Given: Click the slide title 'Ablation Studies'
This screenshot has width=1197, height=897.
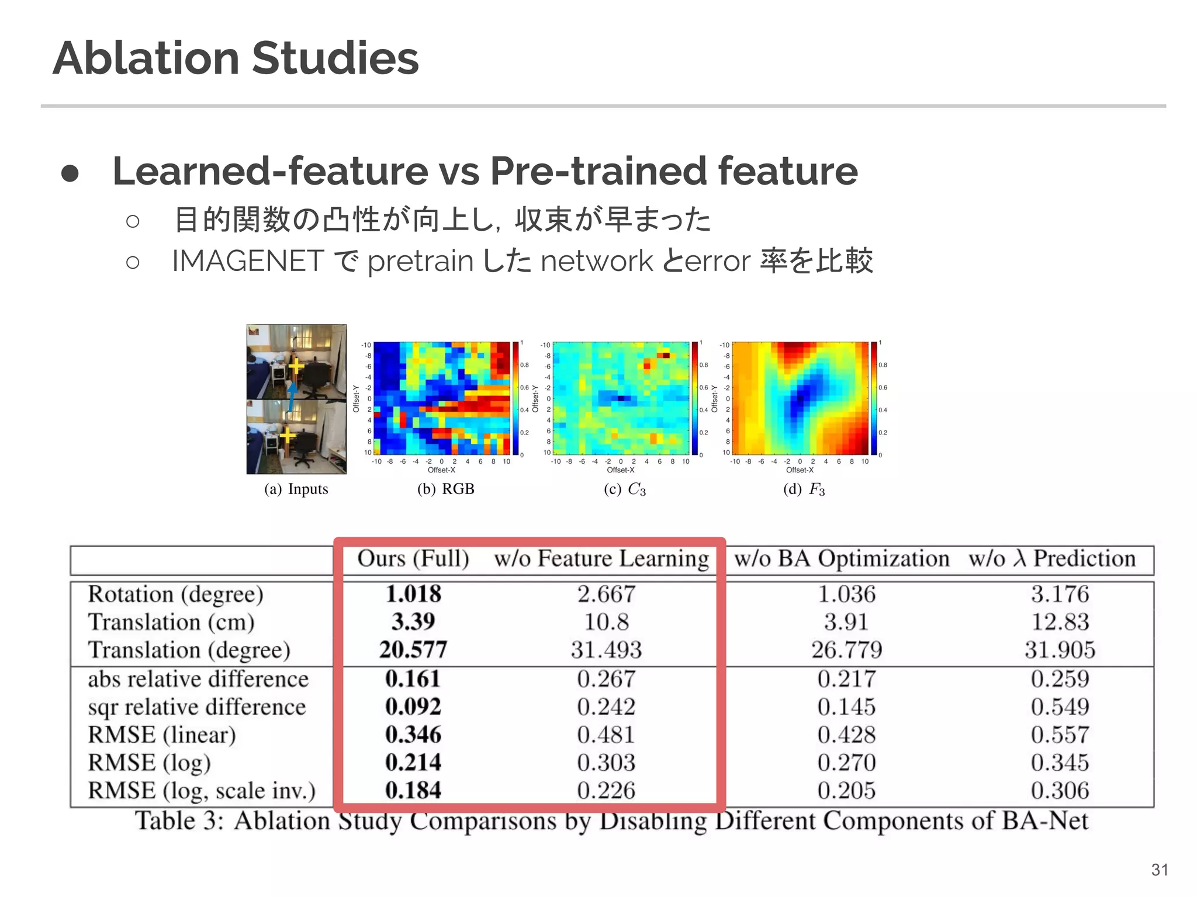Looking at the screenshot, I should [236, 58].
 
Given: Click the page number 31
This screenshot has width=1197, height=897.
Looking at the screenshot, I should [1160, 870].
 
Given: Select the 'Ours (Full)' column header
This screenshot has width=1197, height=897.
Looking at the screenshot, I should [413, 559].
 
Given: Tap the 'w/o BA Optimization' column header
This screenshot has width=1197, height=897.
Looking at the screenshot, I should [842, 559].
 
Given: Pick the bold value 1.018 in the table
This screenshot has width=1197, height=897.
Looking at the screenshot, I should [413, 594].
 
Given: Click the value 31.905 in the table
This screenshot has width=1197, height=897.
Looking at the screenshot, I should [1060, 650].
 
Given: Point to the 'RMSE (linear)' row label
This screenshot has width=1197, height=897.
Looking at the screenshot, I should [162, 735].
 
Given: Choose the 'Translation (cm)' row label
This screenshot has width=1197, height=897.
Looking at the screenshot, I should [171, 622].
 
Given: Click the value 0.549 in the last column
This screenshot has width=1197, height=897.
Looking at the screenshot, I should [1060, 707].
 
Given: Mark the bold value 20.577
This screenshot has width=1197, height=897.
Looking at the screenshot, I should [413, 650].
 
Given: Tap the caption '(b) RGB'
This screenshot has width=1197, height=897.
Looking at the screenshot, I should [445, 489].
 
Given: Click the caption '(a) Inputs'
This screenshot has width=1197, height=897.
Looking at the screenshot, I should [296, 489].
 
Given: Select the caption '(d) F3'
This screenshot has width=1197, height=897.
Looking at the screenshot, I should [804, 489].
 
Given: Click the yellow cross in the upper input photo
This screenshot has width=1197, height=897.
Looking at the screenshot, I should [296, 366].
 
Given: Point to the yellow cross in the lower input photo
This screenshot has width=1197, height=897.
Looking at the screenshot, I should [287, 435].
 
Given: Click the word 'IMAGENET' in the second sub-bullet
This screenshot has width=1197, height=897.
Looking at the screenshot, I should [248, 260].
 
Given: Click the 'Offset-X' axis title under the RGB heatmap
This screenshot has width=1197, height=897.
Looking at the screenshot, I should [441, 470].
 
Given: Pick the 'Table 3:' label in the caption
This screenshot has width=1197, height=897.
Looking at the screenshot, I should [179, 820].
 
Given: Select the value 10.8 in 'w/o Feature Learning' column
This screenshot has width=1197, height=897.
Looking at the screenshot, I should [606, 622].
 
